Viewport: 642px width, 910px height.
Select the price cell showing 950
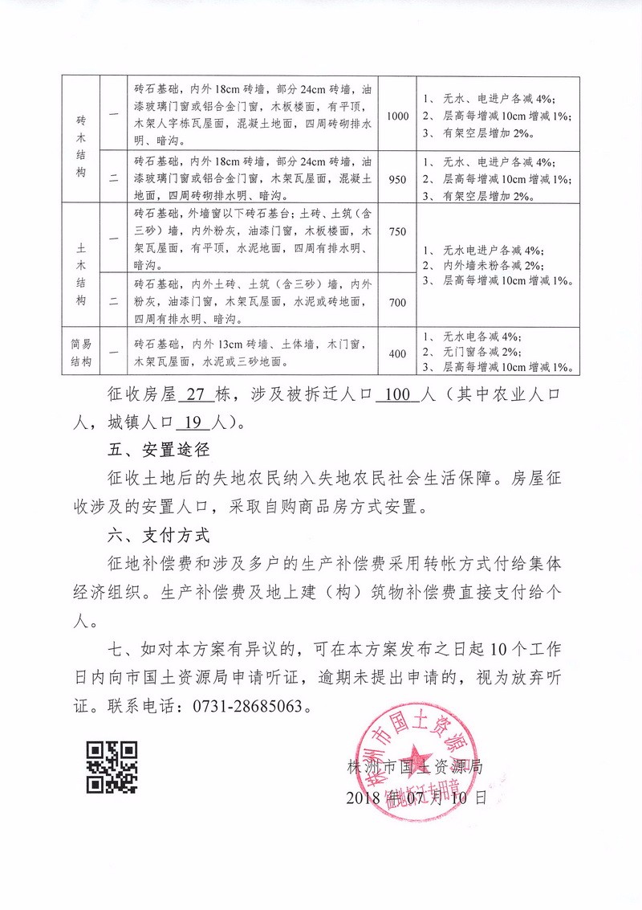[397, 179]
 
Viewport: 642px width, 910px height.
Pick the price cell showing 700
[397, 303]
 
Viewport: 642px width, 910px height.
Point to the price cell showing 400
[397, 353]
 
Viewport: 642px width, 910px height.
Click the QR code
[112, 767]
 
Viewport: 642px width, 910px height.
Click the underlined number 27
[196, 395]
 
